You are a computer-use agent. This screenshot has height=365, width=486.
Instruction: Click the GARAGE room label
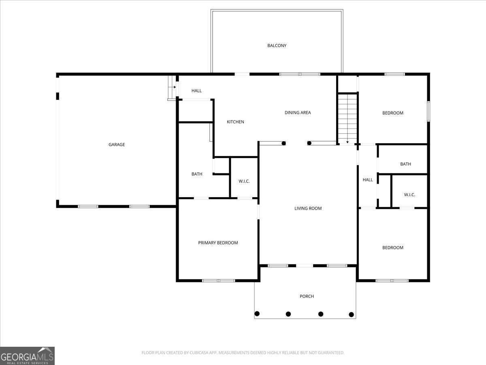(117, 144)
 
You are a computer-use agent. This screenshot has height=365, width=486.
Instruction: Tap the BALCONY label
(277, 45)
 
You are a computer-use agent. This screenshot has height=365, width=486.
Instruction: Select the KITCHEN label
(235, 122)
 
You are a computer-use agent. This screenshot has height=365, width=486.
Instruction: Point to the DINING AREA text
(298, 113)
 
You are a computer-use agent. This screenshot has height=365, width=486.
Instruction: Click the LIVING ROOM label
(308, 208)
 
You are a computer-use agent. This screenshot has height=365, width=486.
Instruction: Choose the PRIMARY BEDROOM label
(218, 243)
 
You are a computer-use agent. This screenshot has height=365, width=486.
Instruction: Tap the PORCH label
(307, 296)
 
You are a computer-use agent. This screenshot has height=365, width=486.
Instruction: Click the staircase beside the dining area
(347, 119)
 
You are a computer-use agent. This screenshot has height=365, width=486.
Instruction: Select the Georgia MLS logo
(27, 356)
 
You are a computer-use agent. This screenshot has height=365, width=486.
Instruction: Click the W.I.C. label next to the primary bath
(244, 181)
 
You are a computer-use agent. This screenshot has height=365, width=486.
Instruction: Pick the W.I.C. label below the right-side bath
(409, 195)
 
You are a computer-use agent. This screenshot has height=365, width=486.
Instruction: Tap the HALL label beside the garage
(196, 90)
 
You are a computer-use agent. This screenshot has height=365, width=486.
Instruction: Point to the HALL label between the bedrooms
(368, 180)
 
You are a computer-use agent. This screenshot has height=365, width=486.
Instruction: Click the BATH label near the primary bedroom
(197, 174)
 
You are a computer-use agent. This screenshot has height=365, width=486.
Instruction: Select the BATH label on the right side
(406, 164)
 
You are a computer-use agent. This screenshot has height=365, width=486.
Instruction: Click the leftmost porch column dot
(257, 313)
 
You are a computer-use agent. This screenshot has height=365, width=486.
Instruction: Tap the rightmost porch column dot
(351, 314)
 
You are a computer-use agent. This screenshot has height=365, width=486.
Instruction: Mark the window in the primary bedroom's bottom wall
(219, 281)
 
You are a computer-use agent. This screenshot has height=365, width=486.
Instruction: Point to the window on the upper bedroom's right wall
(428, 111)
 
